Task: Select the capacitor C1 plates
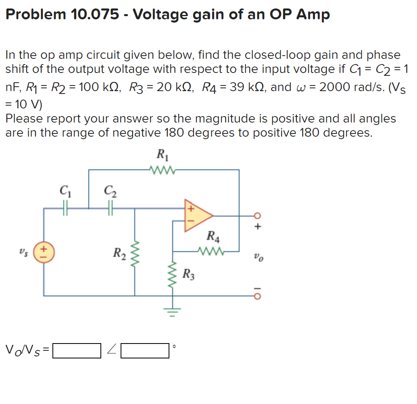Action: (66, 208)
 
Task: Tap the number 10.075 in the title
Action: (96, 15)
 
